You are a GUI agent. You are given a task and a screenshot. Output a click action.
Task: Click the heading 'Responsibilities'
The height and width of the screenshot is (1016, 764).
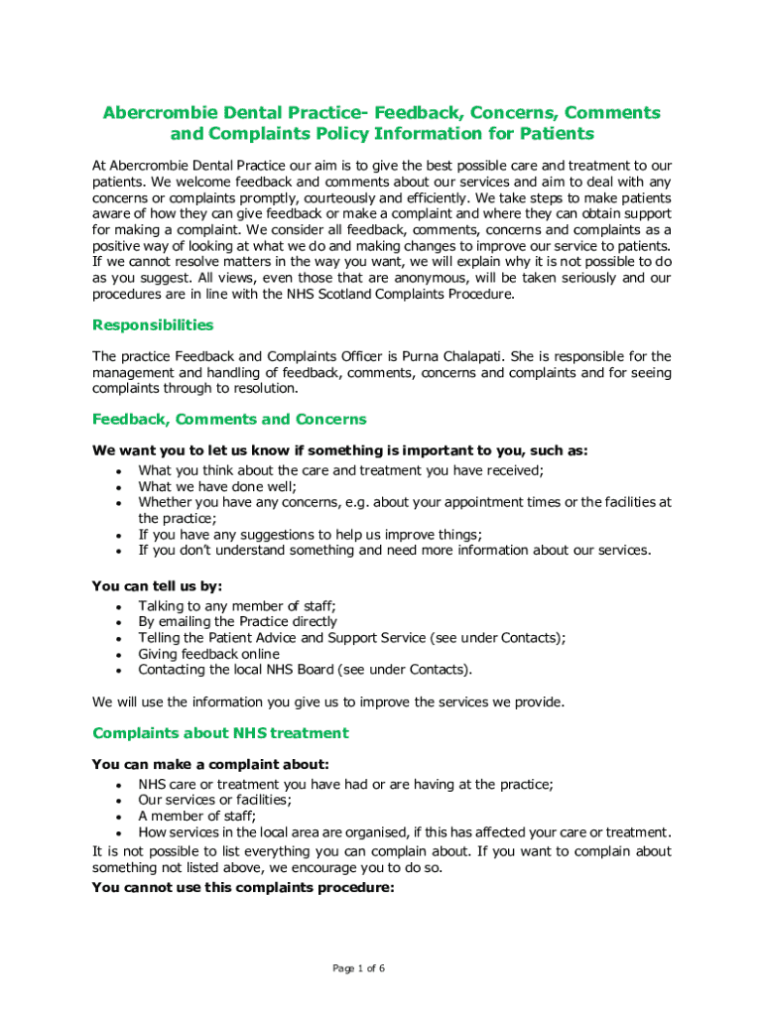point(152,324)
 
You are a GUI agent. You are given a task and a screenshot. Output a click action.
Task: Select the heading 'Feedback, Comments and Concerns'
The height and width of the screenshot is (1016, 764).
point(229,419)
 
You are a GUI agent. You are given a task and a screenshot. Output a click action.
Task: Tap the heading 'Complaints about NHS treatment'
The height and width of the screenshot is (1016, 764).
point(220,733)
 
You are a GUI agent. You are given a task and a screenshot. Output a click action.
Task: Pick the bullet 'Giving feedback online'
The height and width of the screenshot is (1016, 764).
point(208,654)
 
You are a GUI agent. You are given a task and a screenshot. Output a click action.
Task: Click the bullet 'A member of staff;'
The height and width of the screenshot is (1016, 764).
point(196,816)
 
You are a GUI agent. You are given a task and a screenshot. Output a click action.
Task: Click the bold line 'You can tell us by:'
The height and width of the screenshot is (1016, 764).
point(157,585)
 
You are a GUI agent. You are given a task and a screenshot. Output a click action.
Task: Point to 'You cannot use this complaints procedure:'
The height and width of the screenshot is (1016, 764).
point(243,888)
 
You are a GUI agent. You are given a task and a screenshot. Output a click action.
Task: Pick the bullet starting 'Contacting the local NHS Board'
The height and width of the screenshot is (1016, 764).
point(306,670)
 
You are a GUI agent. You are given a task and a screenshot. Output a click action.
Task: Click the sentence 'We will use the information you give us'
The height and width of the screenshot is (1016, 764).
point(327,701)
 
